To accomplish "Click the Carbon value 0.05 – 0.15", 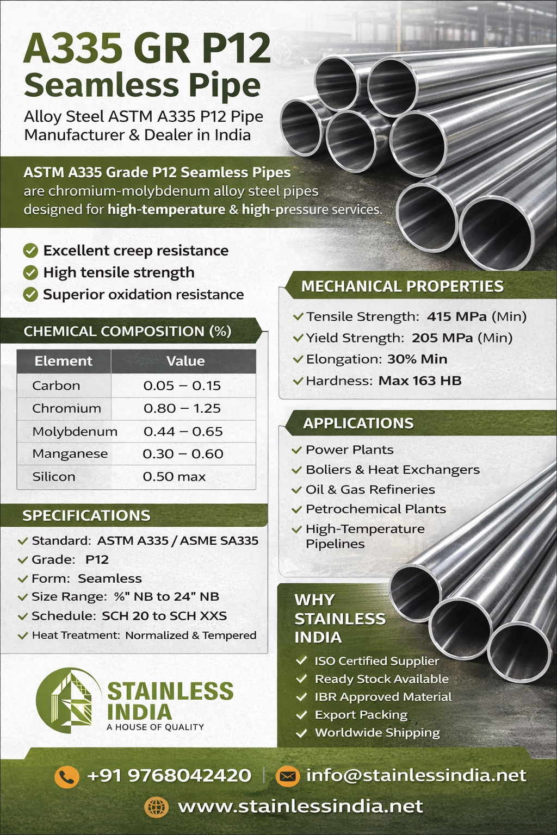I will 182,385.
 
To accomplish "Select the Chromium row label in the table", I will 66,408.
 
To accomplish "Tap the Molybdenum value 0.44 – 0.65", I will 183,431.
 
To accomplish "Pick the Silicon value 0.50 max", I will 174,477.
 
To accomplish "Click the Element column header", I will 63,361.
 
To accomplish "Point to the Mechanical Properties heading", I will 403,286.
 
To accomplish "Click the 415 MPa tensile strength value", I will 457,316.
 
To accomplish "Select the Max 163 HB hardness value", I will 420,381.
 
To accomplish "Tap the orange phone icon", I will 67,776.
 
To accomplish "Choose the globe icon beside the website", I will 157,807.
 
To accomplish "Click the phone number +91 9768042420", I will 169,776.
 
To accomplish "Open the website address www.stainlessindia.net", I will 300,806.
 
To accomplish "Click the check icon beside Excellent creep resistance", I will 30,251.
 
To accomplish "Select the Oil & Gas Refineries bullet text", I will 370,489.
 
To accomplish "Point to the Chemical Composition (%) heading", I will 127,331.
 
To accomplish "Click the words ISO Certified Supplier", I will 376,661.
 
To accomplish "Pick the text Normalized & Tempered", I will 190,635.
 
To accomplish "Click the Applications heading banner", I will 358,423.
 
